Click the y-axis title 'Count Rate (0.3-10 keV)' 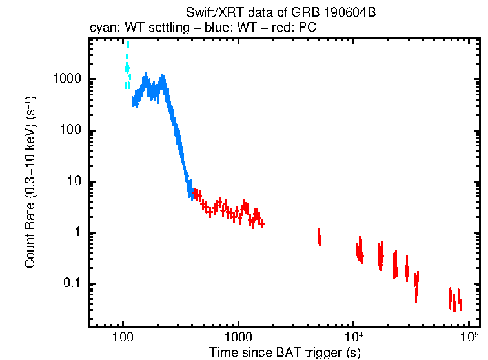point(30,183)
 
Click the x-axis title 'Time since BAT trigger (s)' point(284,352)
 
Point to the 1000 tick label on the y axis point(65,79)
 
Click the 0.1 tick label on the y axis point(70,284)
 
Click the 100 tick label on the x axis point(122,338)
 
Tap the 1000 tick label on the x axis point(238,338)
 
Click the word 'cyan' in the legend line point(101,30)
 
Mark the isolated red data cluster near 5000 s point(319,237)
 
